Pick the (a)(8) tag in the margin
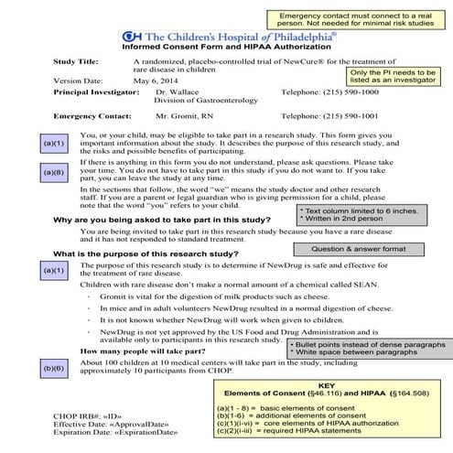click(x=56, y=172)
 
